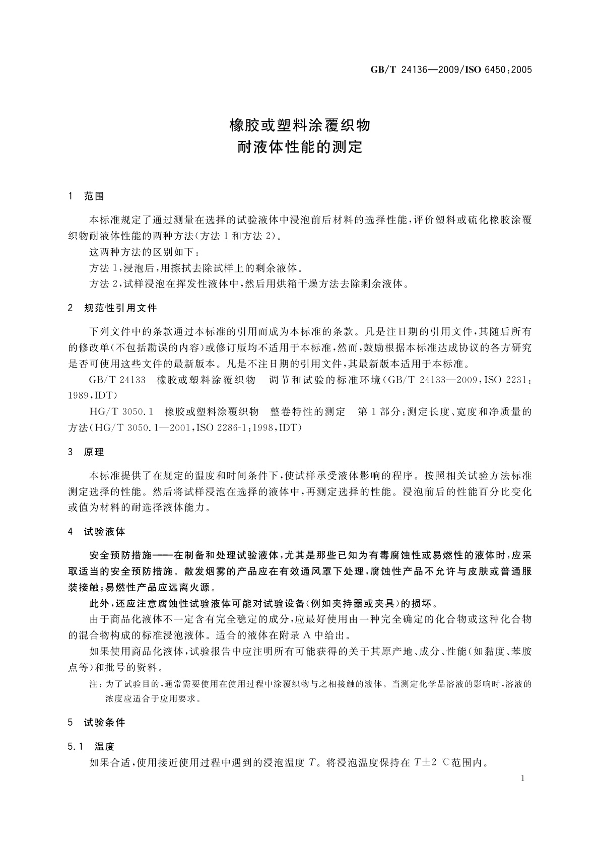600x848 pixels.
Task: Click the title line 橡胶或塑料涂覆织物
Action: pyautogui.click(x=300, y=125)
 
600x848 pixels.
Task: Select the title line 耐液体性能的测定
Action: pyautogui.click(x=300, y=148)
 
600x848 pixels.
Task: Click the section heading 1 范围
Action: pyautogui.click(x=86, y=196)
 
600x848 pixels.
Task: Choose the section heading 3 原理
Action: pyautogui.click(x=86, y=452)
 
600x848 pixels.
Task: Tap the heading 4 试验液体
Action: pyautogui.click(x=97, y=532)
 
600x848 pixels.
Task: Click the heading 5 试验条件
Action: pyautogui.click(x=97, y=723)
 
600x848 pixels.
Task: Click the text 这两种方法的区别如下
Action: pyautogui.click(x=143, y=251)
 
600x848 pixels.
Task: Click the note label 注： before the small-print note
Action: pyautogui.click(x=96, y=684)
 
